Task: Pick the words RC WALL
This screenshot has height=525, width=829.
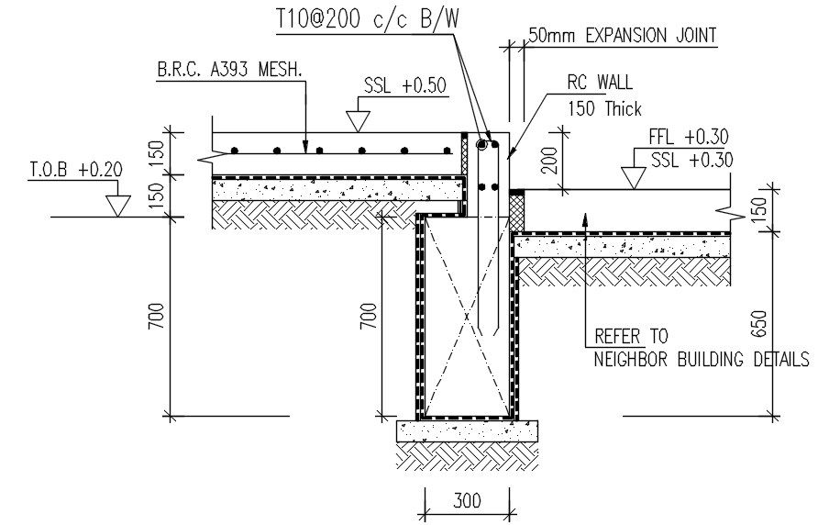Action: [x=600, y=84]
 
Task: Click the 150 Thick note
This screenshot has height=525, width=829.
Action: [x=604, y=108]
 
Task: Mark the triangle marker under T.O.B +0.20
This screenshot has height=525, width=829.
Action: [x=116, y=205]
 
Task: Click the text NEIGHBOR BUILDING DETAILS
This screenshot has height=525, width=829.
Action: [x=702, y=359]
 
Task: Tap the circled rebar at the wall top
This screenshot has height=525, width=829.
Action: [x=481, y=144]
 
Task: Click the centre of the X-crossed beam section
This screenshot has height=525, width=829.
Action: [x=466, y=318]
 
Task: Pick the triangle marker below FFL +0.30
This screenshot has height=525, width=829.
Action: [x=632, y=177]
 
